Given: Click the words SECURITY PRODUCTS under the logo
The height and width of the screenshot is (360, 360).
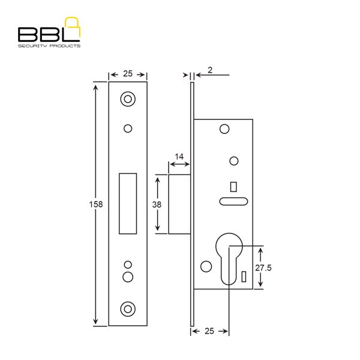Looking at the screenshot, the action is [49, 46].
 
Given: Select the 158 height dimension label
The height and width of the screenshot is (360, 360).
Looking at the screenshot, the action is [96, 204].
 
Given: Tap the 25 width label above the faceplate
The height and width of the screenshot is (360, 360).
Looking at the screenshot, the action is [128, 73].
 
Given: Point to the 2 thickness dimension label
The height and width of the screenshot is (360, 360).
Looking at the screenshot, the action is [210, 70].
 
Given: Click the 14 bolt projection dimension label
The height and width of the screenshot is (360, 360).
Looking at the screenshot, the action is [179, 157].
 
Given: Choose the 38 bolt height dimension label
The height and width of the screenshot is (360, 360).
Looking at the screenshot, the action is [157, 205].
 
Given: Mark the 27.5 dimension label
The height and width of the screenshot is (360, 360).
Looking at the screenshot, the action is [263, 268].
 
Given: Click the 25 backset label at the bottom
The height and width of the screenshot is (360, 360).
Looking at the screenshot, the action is [209, 331].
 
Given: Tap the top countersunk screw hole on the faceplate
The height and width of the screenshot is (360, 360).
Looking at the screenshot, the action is [128, 99].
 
